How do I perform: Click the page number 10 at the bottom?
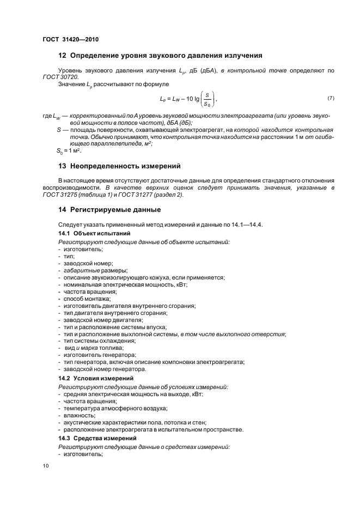coord(46,466)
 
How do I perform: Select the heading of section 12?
coord(160,56)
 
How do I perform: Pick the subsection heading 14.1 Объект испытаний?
coord(86,233)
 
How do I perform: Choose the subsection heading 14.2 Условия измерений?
coord(88,378)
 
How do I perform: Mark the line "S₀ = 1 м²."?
coord(70,150)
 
